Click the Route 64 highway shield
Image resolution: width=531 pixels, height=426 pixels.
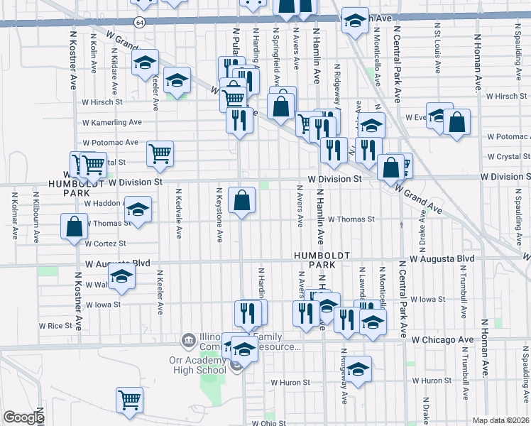141,23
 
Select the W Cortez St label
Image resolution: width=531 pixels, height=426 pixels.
104,244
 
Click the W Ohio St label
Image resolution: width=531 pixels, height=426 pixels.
268,422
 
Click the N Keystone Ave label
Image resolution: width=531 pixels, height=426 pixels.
219,212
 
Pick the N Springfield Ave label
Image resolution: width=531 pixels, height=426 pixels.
276,49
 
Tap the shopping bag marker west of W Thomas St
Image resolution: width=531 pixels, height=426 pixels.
75,227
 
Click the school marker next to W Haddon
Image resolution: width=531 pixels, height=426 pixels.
138,209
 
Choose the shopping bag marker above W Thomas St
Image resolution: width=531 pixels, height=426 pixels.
242,200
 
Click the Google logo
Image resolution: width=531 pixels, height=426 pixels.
23,417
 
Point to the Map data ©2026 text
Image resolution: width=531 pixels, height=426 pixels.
501,420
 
